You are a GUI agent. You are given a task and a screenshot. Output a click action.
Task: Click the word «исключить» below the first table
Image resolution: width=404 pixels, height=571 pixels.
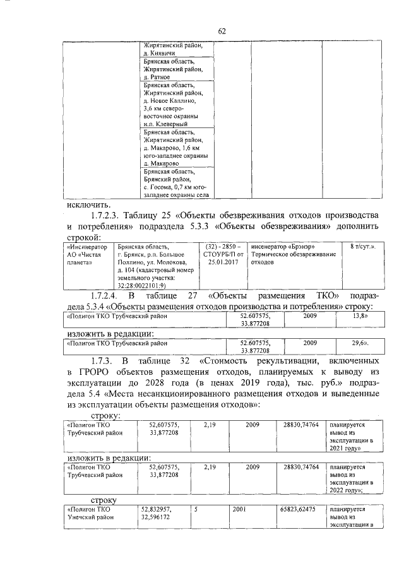pos(88,204)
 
